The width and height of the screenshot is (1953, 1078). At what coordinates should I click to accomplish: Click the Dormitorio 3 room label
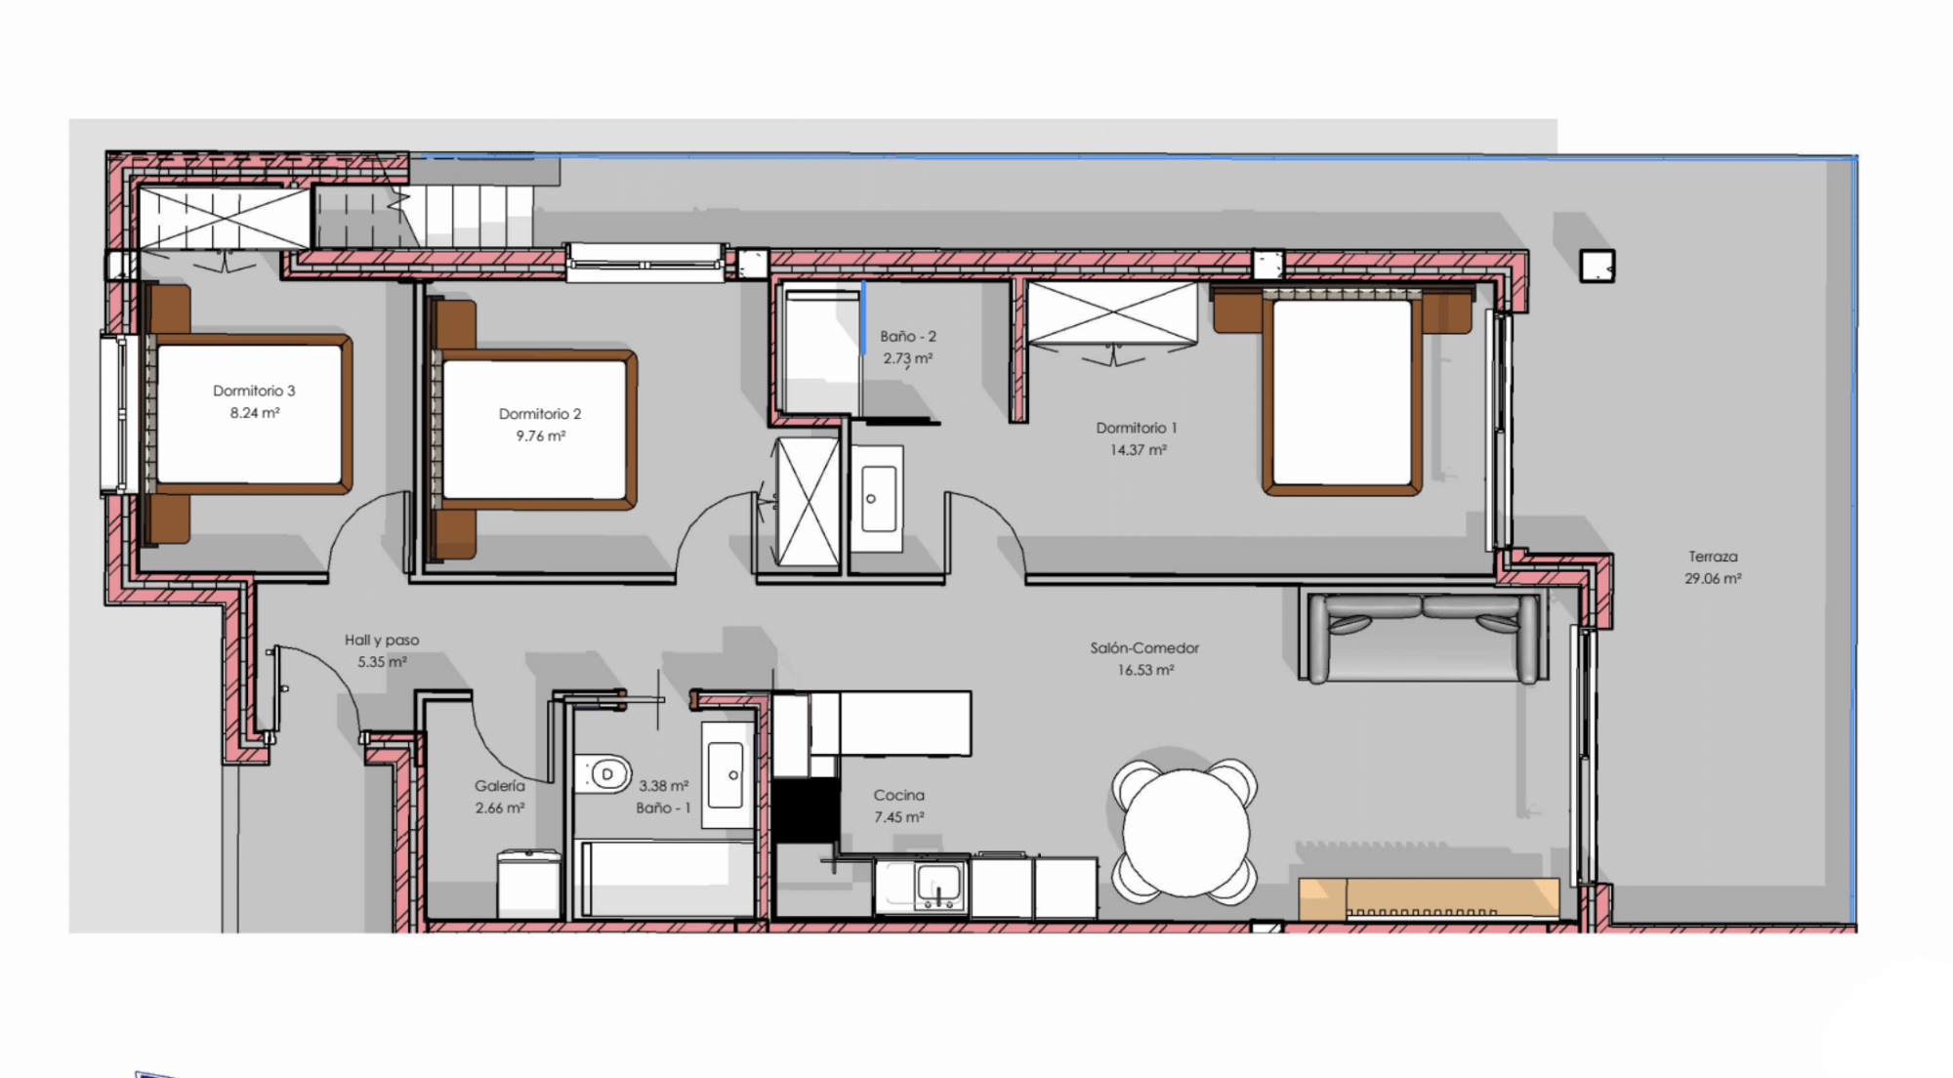(254, 391)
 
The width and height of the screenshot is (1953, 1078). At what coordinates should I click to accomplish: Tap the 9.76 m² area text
(541, 436)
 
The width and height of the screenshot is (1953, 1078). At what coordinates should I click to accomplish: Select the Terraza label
(1713, 557)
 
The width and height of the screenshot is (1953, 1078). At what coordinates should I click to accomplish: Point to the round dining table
(1185, 832)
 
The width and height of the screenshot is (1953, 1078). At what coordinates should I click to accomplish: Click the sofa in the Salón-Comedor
(1423, 637)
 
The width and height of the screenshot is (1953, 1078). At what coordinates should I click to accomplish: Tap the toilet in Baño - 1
(602, 775)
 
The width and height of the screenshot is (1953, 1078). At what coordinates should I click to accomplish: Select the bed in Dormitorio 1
(1342, 391)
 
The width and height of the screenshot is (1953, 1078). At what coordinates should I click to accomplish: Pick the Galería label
(499, 785)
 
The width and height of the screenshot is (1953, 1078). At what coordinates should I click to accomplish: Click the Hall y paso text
(382, 641)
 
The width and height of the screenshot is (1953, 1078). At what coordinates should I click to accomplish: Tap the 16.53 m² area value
(1145, 671)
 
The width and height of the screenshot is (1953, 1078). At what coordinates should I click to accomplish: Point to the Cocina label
(898, 795)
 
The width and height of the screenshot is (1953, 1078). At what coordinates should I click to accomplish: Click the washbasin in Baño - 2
(877, 498)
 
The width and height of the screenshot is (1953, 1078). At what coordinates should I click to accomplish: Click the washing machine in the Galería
(529, 884)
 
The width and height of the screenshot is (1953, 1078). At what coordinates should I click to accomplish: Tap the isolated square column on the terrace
(1598, 266)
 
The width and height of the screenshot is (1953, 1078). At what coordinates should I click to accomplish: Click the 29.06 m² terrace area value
(1713, 578)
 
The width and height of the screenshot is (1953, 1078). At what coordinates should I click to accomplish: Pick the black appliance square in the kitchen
(807, 809)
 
